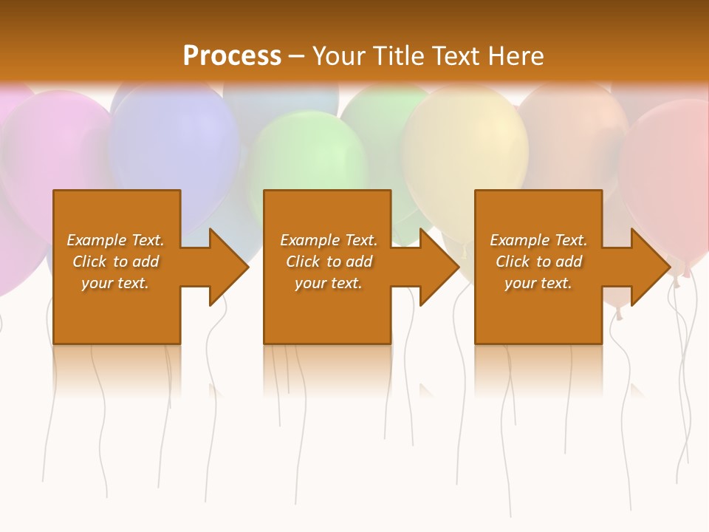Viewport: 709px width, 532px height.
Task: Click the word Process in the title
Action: click(x=232, y=55)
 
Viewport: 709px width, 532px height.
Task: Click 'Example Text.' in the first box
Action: click(x=115, y=240)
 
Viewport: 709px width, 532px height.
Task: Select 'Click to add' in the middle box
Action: click(x=329, y=262)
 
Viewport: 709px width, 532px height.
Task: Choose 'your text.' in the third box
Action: click(x=538, y=283)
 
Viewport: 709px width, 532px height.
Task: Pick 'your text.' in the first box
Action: click(x=115, y=283)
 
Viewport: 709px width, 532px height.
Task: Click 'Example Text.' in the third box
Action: click(x=538, y=240)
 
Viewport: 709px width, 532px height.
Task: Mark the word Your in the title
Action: click(x=339, y=55)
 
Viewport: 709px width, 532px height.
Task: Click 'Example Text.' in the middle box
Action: click(x=329, y=240)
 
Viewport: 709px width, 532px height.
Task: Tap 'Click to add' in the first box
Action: click(x=115, y=262)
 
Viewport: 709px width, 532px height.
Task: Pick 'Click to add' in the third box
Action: click(x=538, y=262)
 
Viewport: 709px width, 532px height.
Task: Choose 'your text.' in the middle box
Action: click(x=329, y=283)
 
